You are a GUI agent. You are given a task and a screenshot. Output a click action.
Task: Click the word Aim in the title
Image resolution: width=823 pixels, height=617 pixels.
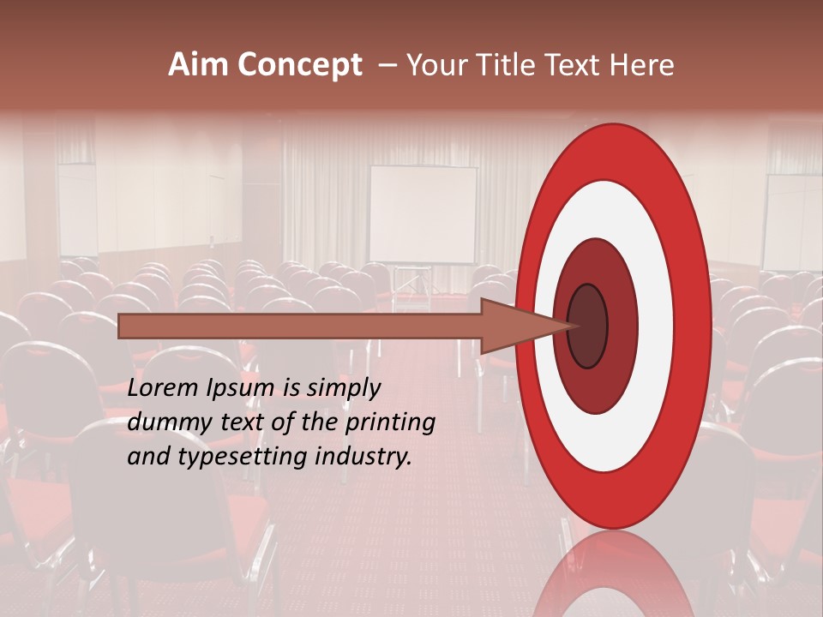pyautogui.click(x=198, y=65)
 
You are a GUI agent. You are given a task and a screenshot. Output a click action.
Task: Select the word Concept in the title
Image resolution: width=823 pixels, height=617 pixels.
pyautogui.click(x=299, y=66)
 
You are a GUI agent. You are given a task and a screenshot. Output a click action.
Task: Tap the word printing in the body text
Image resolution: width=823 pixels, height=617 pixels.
pyautogui.click(x=390, y=423)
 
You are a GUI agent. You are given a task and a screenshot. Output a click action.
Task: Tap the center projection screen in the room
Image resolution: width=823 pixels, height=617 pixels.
pyautogui.click(x=423, y=214)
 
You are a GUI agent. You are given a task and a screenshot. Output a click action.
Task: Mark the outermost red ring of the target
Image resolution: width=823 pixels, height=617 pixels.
pyautogui.click(x=613, y=150)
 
